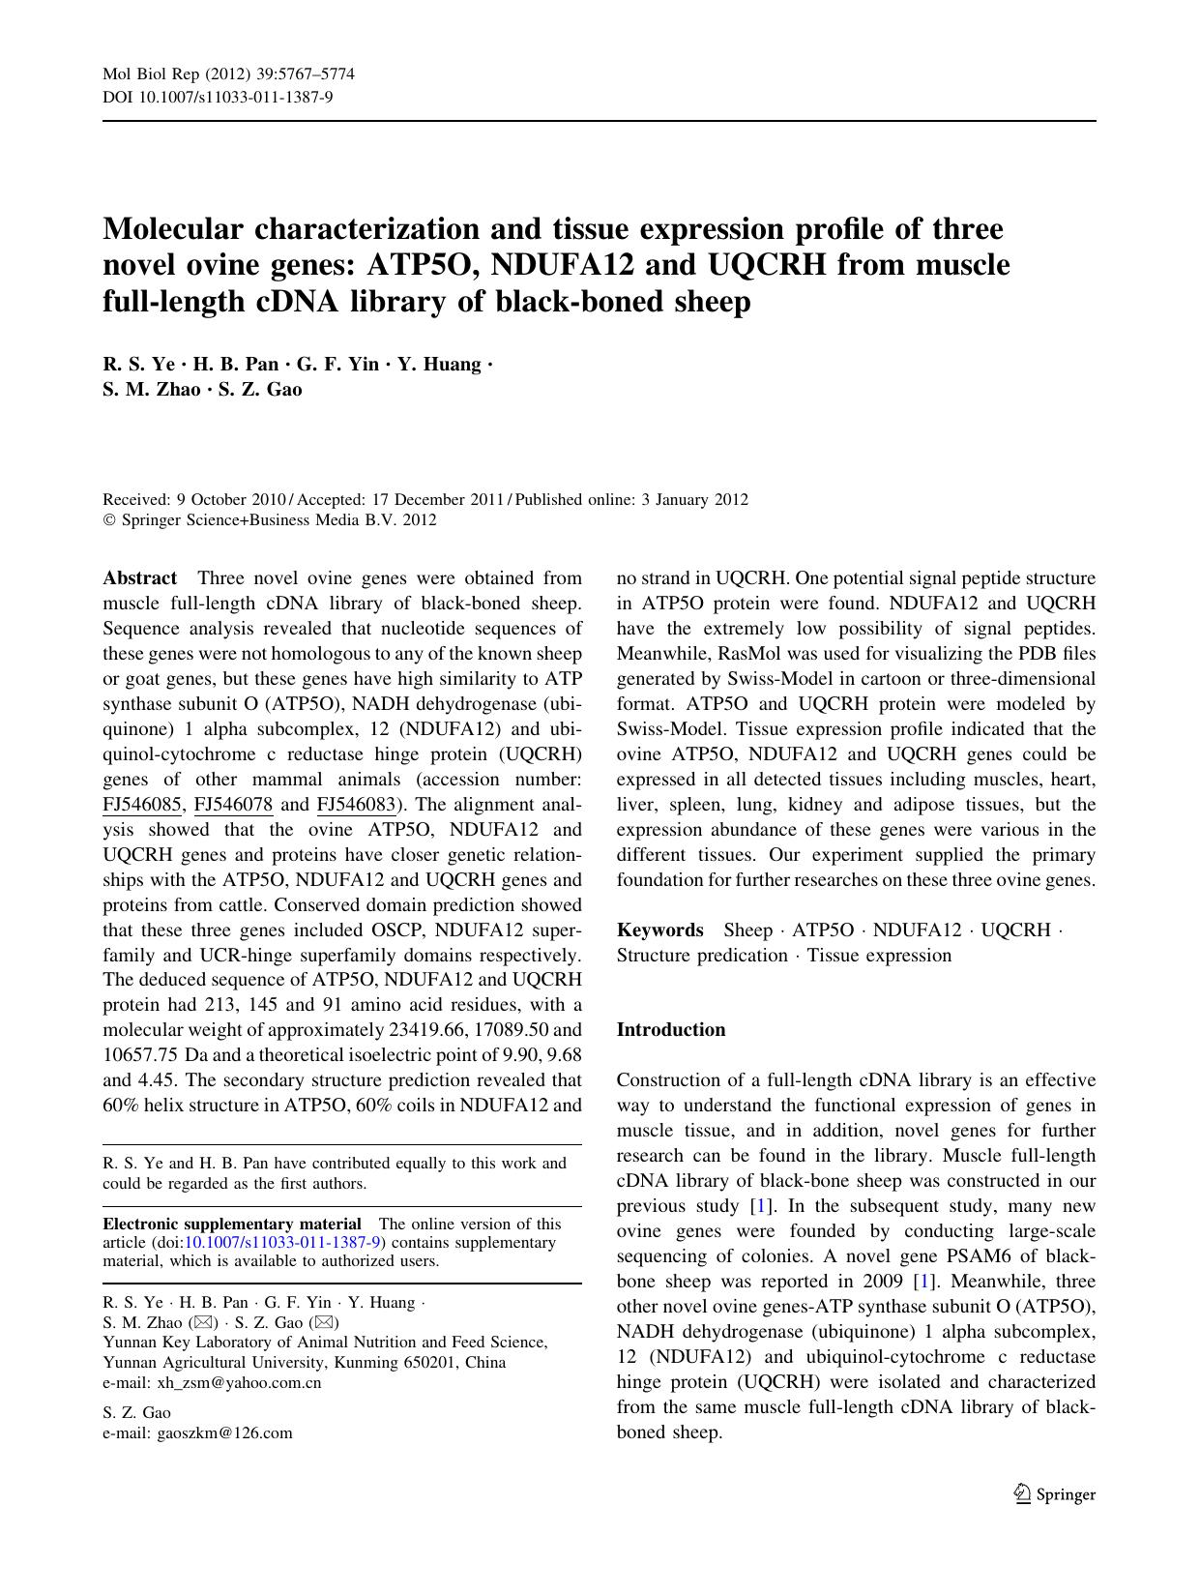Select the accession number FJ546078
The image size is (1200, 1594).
233,805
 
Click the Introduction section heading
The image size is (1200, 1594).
670,1030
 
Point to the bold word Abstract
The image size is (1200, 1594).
140,578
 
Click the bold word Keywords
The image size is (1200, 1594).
659,930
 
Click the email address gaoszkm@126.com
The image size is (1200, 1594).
224,1433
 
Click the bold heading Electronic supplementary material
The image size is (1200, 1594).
232,1224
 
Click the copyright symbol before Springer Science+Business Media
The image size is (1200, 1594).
108,520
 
